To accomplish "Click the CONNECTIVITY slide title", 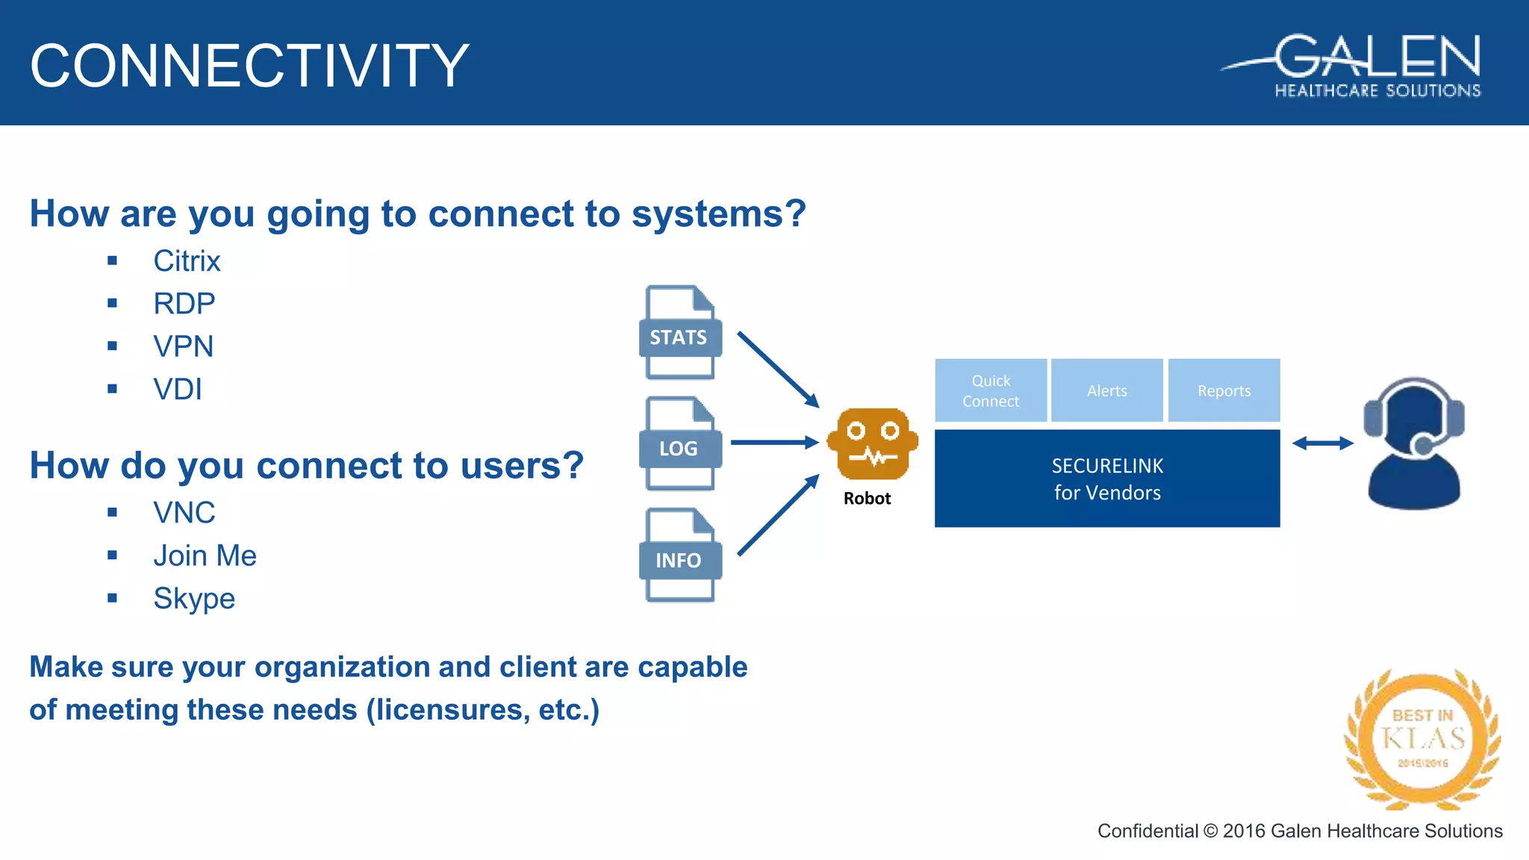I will coord(249,66).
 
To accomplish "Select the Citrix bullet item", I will coord(187,261).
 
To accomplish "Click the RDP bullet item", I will coord(184,304).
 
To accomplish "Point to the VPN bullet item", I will coord(183,346).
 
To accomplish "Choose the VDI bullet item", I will coord(177,389).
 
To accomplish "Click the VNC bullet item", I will coord(184,513).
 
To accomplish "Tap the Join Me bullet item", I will coord(205,555).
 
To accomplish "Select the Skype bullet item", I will coord(194,599).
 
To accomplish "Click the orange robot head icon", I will coord(872,443).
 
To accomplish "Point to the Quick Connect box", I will coord(991,390).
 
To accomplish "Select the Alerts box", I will coord(1106,390).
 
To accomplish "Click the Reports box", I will coord(1224,390).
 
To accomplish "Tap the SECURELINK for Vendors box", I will coord(1107,479).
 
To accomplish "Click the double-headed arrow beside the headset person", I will coord(1322,443).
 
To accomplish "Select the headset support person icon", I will coord(1413,444).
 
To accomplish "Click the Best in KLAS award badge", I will coord(1422,739).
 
